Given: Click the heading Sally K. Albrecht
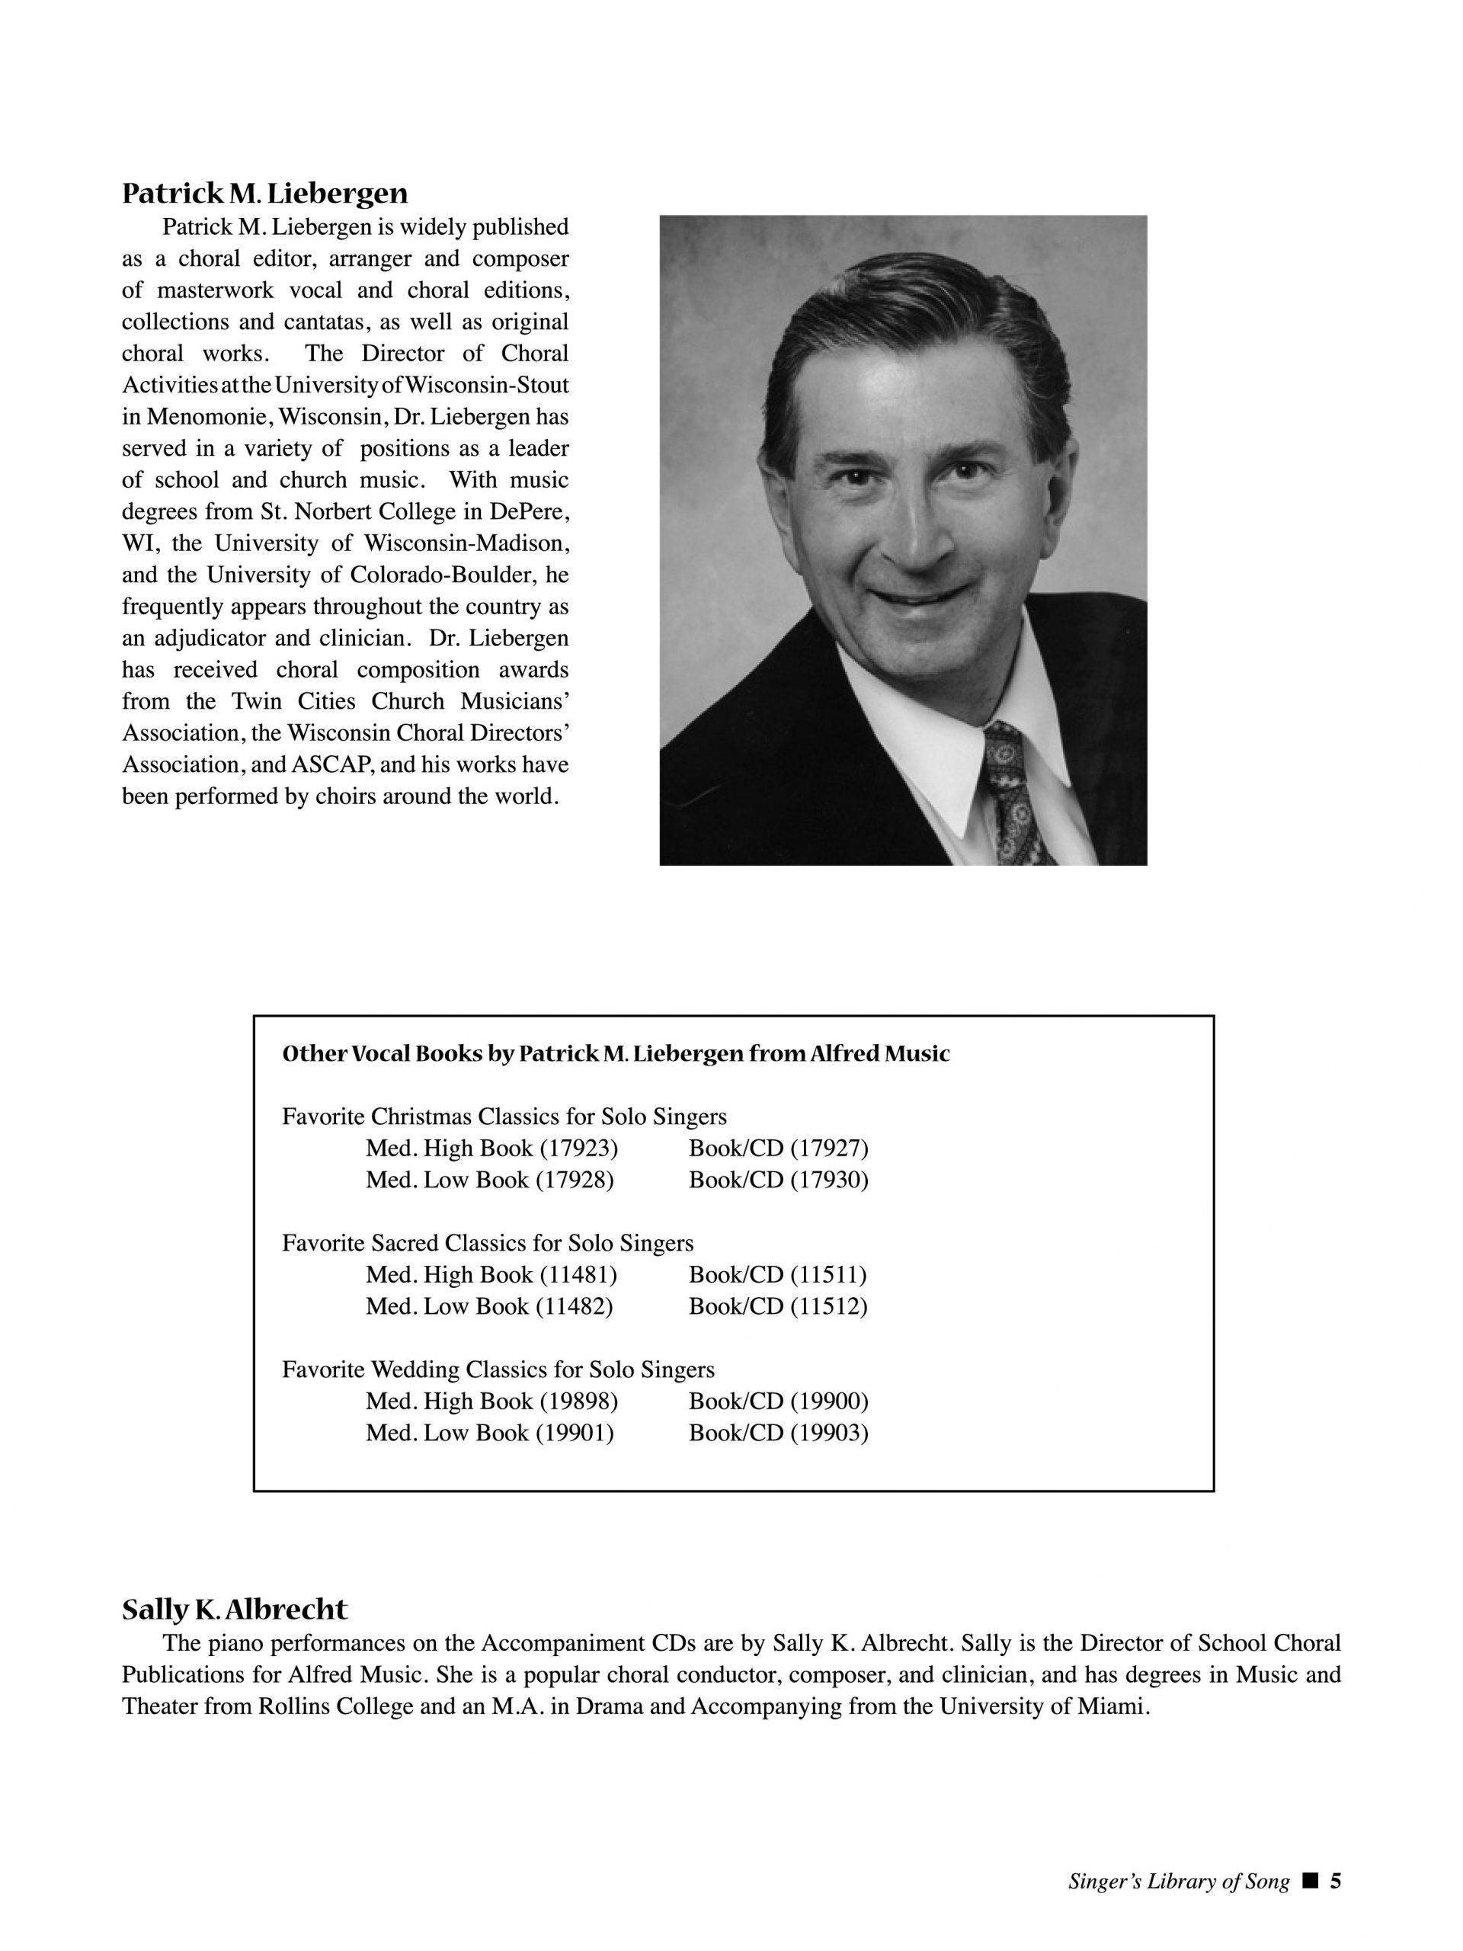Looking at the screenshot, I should pyautogui.click(x=235, y=1610).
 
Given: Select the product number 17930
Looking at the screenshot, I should pyautogui.click(x=829, y=1180).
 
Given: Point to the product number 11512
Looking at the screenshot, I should pyautogui.click(x=828, y=1306).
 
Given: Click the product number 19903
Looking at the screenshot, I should pyautogui.click(x=829, y=1434).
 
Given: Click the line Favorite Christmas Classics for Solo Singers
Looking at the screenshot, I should pyautogui.click(x=504, y=1116).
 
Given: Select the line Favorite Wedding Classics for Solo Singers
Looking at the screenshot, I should pyautogui.click(x=498, y=1370).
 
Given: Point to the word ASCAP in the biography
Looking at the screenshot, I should pyautogui.click(x=329, y=764).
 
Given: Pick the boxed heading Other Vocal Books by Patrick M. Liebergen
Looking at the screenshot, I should pyautogui.click(x=616, y=1054).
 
